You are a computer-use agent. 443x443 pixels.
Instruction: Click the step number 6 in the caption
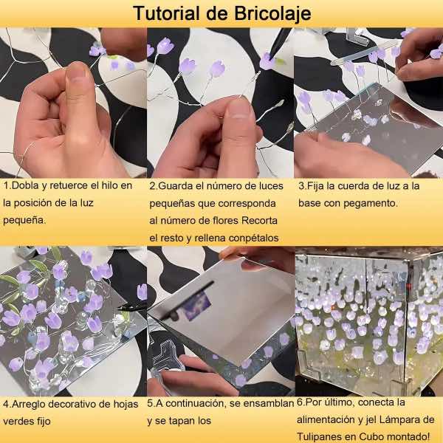[x=300, y=403]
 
